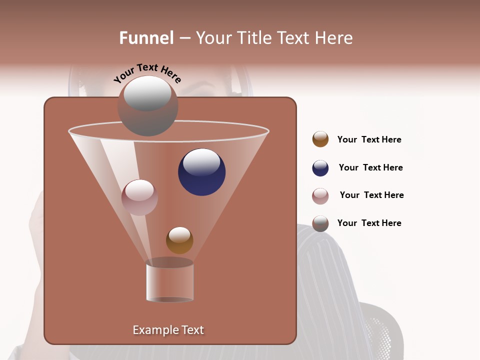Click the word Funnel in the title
(x=146, y=38)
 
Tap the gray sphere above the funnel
(x=147, y=106)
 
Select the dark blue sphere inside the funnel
(x=201, y=172)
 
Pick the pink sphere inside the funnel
(x=139, y=197)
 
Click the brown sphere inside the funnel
(x=179, y=240)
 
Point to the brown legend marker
(x=320, y=139)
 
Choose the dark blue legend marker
(x=320, y=168)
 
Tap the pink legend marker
(x=320, y=195)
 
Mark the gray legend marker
(x=320, y=223)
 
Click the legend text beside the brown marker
(x=369, y=139)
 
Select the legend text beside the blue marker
(x=370, y=167)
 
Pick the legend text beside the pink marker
(x=371, y=195)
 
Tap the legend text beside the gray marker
(x=369, y=223)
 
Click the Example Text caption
(x=168, y=330)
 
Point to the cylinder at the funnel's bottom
(x=169, y=282)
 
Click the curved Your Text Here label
(x=147, y=73)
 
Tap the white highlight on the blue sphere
(x=201, y=162)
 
